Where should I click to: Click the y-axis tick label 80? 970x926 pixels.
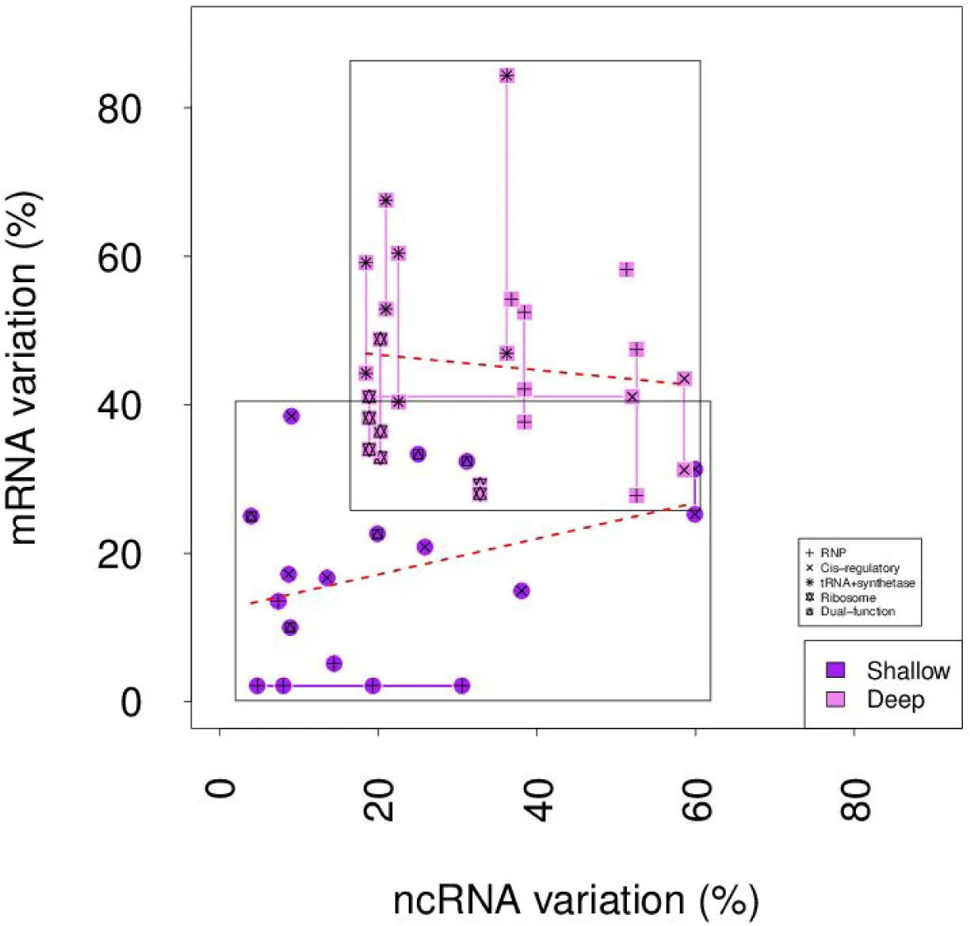pyautogui.click(x=120, y=109)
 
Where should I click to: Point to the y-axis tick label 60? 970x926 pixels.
pyautogui.click(x=120, y=257)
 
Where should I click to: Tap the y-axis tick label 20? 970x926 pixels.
pyautogui.click(x=120, y=554)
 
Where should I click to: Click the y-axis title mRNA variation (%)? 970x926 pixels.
pyautogui.click(x=25, y=368)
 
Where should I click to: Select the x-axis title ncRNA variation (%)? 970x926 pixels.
pyautogui.click(x=576, y=900)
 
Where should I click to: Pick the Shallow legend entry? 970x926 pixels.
pyautogui.click(x=907, y=671)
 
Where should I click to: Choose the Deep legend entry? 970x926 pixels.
pyautogui.click(x=896, y=699)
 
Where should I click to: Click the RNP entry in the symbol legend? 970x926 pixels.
pyautogui.click(x=832, y=553)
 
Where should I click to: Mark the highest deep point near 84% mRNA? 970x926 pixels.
pyautogui.click(x=506, y=75)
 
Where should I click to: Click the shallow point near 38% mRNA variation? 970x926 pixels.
pyautogui.click(x=291, y=416)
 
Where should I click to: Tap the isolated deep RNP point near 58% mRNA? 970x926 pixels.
pyautogui.click(x=626, y=270)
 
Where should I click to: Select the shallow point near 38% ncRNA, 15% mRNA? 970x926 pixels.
pyautogui.click(x=521, y=591)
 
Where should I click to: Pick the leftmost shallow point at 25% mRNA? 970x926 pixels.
pyautogui.click(x=251, y=516)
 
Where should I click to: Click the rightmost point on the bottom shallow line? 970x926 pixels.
pyautogui.click(x=462, y=686)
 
